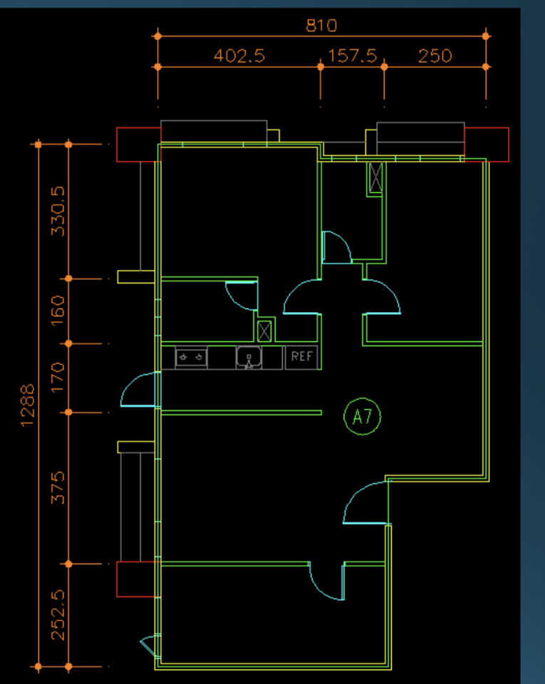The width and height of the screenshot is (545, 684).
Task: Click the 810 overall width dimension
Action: click(321, 26)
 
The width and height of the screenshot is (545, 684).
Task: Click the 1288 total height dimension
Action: click(28, 405)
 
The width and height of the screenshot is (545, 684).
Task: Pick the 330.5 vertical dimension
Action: click(58, 211)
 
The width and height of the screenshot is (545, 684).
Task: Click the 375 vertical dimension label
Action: click(58, 487)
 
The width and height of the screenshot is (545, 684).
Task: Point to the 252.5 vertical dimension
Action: click(58, 615)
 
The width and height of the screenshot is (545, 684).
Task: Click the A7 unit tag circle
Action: click(363, 417)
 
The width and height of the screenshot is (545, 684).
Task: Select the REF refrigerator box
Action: click(302, 357)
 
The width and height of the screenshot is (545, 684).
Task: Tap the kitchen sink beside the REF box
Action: click(249, 357)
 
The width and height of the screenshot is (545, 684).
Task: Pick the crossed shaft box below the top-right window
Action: click(375, 178)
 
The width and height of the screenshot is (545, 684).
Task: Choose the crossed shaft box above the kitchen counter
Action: click(265, 330)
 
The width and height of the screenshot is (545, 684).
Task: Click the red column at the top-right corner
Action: click(487, 144)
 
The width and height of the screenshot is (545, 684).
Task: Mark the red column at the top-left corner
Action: click(138, 145)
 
